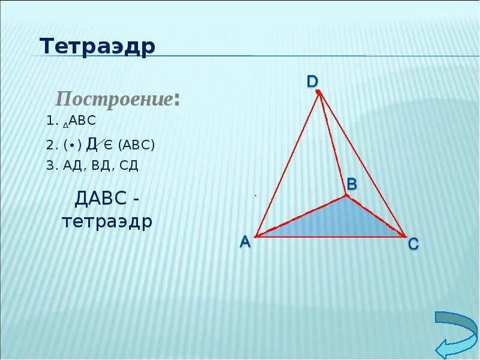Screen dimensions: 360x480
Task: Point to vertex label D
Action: [x=313, y=81]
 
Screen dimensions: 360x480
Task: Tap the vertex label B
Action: [x=352, y=184]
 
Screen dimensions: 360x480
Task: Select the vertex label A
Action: [x=245, y=241]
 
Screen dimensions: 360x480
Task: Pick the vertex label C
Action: [x=413, y=244]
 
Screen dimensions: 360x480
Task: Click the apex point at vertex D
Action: [x=319, y=92]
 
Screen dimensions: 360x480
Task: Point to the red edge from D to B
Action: [x=332, y=144]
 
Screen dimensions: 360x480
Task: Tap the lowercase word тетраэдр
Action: [x=107, y=221]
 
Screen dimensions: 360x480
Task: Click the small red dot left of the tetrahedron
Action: [x=255, y=196]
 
